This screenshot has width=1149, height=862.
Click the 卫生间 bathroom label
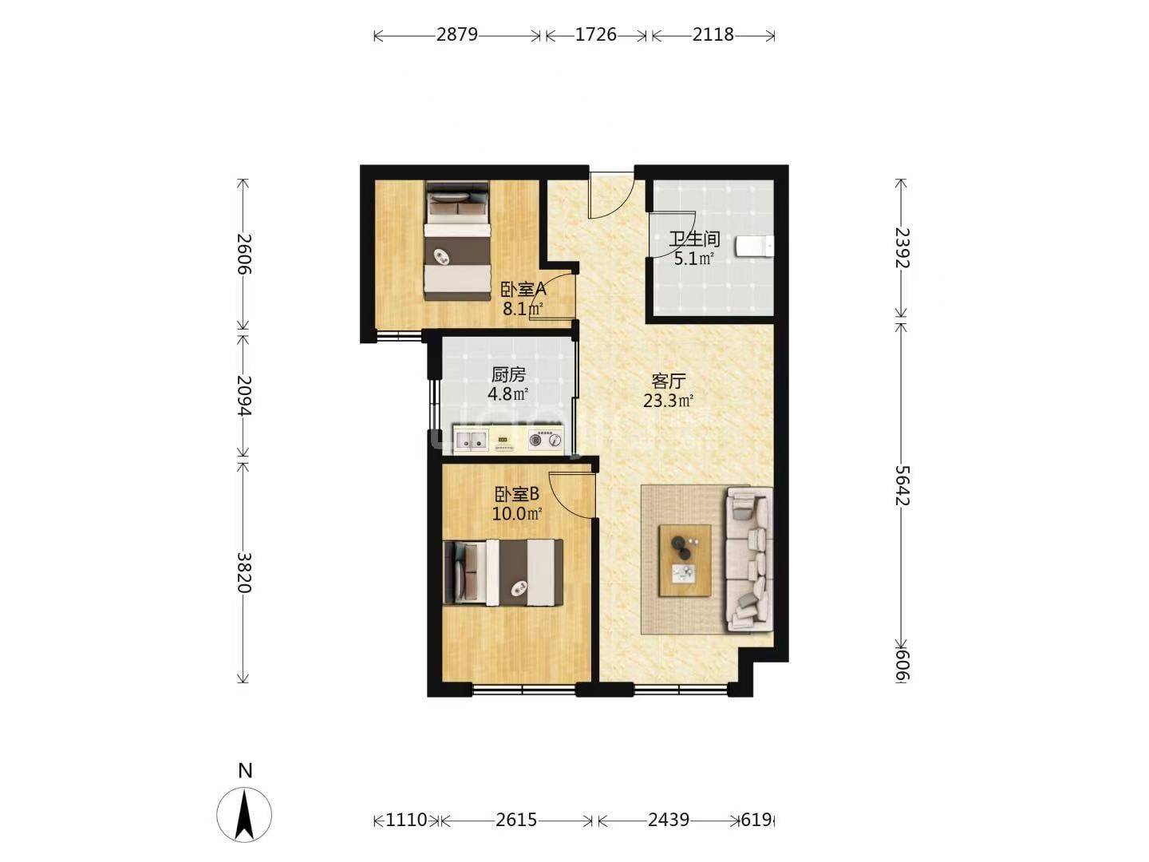(694, 239)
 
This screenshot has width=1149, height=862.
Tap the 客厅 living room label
(668, 381)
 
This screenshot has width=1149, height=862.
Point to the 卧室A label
(523, 289)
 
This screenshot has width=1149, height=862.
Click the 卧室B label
(517, 494)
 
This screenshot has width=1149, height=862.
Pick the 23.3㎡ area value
(668, 401)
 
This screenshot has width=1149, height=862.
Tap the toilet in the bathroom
(755, 246)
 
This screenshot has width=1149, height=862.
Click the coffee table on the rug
(685, 560)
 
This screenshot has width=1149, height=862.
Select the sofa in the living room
(749, 559)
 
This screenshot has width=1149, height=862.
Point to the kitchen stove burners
(546, 440)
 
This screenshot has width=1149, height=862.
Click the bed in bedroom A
(457, 241)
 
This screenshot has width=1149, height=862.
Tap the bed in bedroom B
(503, 572)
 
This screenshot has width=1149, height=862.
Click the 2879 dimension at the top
(457, 34)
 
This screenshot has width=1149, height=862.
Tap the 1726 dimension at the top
(596, 34)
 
